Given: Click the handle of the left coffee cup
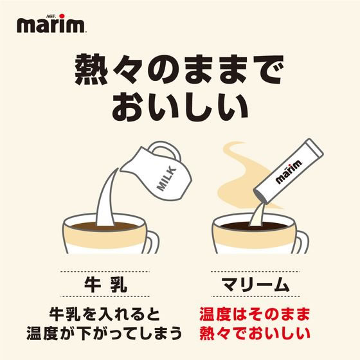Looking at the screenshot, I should [152, 240].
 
